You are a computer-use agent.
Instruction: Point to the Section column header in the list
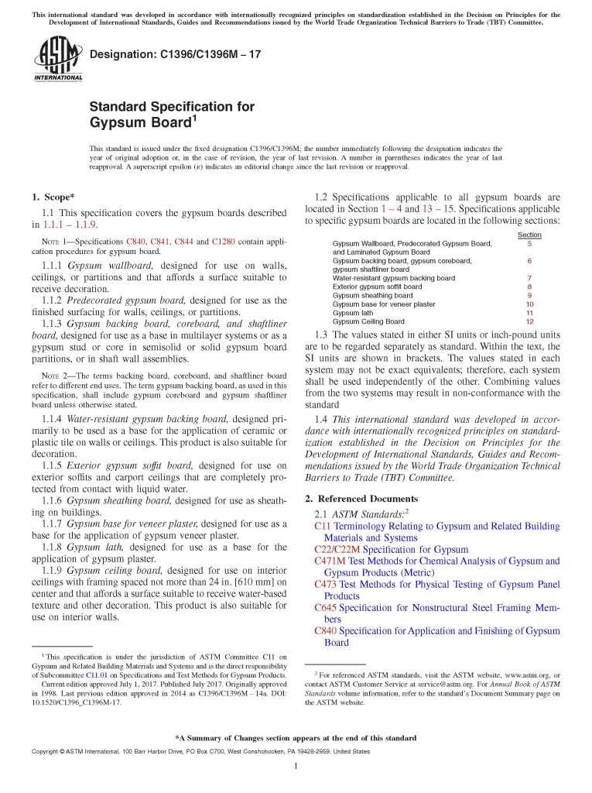(x=529, y=235)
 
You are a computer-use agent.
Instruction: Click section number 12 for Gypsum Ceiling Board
(x=529, y=321)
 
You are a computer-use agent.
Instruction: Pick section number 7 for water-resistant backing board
(x=529, y=278)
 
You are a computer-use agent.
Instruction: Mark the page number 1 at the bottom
(x=296, y=767)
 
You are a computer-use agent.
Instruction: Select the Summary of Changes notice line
(x=296, y=738)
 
